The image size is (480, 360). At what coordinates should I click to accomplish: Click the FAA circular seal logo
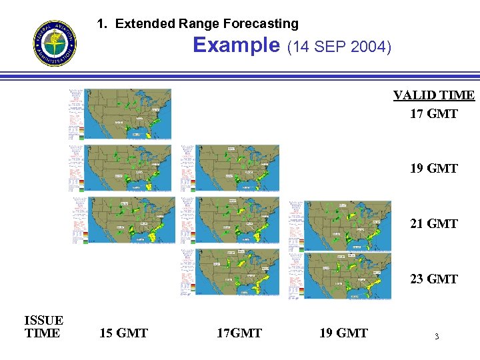point(55,43)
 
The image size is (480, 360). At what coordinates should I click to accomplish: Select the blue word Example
point(236,45)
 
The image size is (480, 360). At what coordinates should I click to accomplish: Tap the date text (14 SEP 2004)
point(339,47)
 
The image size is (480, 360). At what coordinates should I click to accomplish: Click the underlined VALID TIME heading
point(433,95)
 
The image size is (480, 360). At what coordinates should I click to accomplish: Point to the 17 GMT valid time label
point(433,114)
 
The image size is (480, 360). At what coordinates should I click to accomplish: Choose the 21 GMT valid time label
point(433,224)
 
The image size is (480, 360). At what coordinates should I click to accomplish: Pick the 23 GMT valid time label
point(433,279)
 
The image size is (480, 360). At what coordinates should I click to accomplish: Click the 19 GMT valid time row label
point(433,169)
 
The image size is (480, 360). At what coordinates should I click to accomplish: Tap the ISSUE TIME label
point(43,327)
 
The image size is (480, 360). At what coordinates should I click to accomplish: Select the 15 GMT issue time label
point(123,333)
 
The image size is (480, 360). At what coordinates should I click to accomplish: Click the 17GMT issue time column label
point(239,333)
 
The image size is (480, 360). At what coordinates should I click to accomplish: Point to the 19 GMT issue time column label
point(343,333)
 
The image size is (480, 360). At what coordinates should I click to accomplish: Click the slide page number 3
point(437,337)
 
